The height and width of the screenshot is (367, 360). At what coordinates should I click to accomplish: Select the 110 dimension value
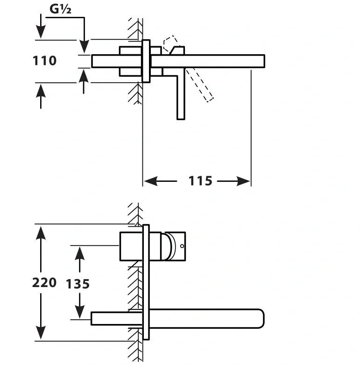tap(45, 61)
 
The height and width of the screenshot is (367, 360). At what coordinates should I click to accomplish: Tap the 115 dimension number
tap(200, 180)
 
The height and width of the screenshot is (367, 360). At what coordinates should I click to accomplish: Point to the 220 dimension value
tap(44, 282)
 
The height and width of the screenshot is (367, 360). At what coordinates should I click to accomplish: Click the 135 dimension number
tap(78, 284)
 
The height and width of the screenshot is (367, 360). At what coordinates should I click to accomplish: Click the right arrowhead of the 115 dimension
tap(244, 181)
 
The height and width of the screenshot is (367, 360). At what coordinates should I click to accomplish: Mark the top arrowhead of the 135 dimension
tap(79, 253)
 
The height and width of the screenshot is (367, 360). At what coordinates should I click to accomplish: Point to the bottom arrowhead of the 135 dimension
tap(79, 312)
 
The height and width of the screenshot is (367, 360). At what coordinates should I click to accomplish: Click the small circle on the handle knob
tap(182, 245)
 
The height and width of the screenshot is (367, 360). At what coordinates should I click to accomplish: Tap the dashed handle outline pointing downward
tap(200, 85)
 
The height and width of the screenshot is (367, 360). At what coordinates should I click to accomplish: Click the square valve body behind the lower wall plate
tap(131, 246)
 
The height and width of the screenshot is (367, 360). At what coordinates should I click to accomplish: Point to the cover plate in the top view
tap(146, 61)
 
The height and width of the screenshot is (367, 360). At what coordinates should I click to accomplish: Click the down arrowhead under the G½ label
tap(84, 46)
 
